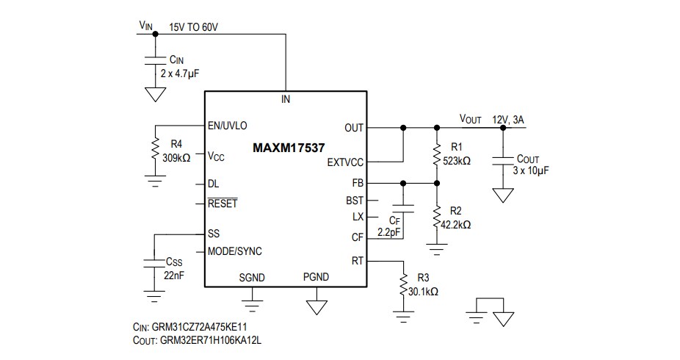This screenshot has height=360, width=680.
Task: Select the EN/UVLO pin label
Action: tap(228, 126)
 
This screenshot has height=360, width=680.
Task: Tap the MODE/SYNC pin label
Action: tap(235, 251)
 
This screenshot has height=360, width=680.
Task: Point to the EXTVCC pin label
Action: tap(345, 162)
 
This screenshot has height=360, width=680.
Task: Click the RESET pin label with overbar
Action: tap(223, 204)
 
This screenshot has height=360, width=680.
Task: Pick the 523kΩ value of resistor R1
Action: tap(455, 159)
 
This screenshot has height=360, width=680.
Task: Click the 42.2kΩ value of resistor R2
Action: tap(455, 225)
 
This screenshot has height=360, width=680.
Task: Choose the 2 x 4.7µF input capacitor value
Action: tap(180, 74)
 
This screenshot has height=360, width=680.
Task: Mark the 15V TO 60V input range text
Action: tap(194, 27)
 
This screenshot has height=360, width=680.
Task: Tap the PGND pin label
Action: tap(316, 277)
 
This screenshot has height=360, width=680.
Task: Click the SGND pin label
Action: tap(252, 277)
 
